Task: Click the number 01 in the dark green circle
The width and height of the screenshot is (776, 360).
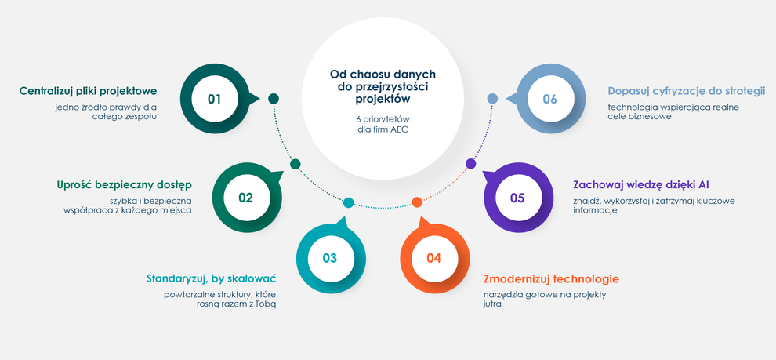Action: [x=214, y=99]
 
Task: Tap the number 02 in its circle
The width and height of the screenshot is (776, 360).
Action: [x=245, y=198]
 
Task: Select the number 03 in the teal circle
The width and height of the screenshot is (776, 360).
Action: [x=329, y=258]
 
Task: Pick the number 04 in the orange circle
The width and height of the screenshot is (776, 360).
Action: [x=433, y=258]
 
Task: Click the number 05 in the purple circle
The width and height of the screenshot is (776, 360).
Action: [x=517, y=198]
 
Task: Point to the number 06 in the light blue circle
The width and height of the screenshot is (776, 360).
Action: [x=549, y=99]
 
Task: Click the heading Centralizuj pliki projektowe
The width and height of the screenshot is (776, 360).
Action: [x=88, y=91]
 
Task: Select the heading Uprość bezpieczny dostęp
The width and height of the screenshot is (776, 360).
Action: [x=124, y=185]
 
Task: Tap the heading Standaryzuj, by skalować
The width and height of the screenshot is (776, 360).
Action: [x=212, y=278]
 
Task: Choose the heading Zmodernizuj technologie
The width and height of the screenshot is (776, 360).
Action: [x=551, y=278]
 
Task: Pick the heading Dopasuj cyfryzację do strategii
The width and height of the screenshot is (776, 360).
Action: [x=687, y=91]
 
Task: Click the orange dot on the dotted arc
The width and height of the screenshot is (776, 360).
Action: [x=417, y=202]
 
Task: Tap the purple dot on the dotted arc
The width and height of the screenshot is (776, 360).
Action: [x=471, y=163]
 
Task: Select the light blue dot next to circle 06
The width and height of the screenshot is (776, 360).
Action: [x=492, y=99]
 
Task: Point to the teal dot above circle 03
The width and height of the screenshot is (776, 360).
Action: [x=348, y=202]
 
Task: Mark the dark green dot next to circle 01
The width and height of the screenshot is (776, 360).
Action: [x=274, y=99]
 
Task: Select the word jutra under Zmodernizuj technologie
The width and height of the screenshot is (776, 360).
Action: [x=493, y=304]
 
